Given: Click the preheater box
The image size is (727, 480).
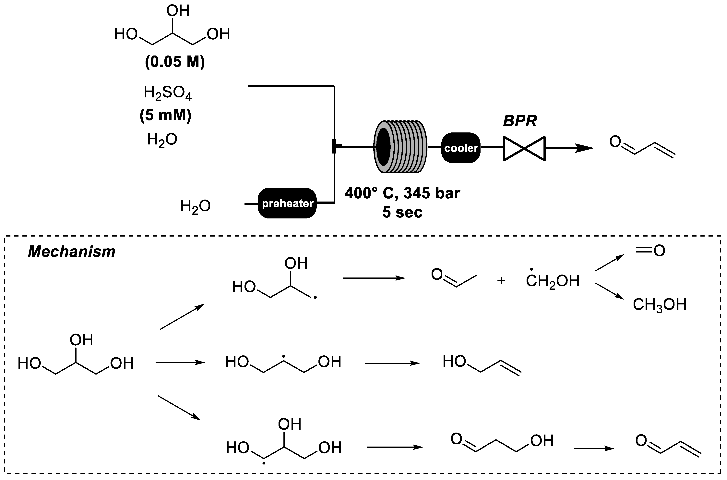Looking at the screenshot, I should click(x=287, y=203).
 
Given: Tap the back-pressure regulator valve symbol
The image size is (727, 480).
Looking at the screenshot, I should click(x=524, y=148).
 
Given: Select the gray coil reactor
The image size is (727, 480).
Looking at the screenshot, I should click(x=400, y=147).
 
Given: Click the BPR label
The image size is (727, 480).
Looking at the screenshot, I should click(x=519, y=121).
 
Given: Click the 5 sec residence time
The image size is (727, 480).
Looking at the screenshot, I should click(x=402, y=212).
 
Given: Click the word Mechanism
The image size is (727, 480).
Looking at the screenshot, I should click(x=72, y=252).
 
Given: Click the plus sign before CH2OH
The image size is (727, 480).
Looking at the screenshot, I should click(x=501, y=281).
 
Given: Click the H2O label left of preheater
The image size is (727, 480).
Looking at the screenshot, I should click(x=195, y=206).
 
